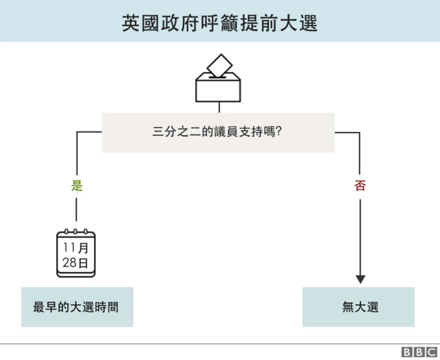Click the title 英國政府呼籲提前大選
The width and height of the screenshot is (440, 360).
pyautogui.click(x=219, y=22)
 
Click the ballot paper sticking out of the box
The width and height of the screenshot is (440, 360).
pyautogui.click(x=220, y=65)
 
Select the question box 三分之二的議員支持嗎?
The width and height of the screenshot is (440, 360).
pyautogui.click(x=219, y=132)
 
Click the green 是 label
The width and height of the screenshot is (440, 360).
pyautogui.click(x=76, y=185)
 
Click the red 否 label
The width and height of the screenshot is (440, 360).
pyautogui.click(x=360, y=185)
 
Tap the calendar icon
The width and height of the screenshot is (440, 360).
pyautogui.click(x=76, y=254)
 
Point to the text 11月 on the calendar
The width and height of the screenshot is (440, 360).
pyautogui.click(x=76, y=247)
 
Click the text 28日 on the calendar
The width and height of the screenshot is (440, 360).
pyautogui.click(x=76, y=262)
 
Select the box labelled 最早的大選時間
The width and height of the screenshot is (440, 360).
pyautogui.click(x=76, y=307)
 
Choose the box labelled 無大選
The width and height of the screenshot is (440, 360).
pyautogui.click(x=359, y=307)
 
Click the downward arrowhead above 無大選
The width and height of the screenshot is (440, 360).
pyautogui.click(x=360, y=279)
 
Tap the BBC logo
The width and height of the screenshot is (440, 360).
pyautogui.click(x=417, y=352)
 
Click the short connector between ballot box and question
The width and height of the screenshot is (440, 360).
pyautogui.click(x=219, y=107)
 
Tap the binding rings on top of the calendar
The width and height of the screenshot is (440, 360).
pyautogui.click(x=76, y=233)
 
